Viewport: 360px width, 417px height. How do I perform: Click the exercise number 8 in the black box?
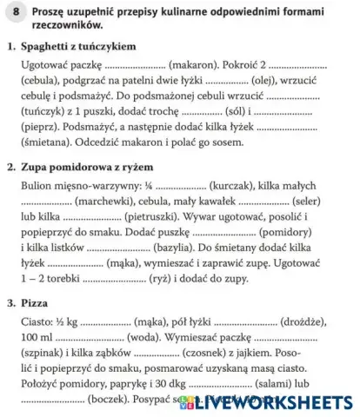pyautogui.click(x=16, y=15)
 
